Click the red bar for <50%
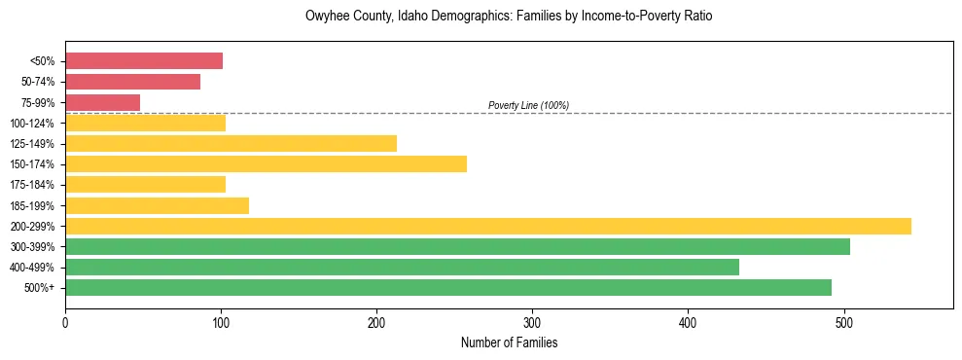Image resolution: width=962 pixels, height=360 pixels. pyautogui.click(x=144, y=61)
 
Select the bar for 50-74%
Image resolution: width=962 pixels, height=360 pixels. pyautogui.click(x=132, y=82)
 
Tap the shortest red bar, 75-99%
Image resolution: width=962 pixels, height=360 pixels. pyautogui.click(x=102, y=102)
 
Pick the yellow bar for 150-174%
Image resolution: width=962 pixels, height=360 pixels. pyautogui.click(x=266, y=163)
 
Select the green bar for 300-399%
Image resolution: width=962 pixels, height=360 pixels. pyautogui.click(x=457, y=246)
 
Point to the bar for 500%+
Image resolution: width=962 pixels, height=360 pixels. pyautogui.click(x=447, y=287)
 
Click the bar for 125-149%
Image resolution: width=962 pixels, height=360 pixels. pyautogui.click(x=231, y=143)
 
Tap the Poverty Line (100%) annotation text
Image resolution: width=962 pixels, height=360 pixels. pyautogui.click(x=528, y=105)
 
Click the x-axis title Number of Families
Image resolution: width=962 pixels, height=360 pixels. pyautogui.click(x=509, y=342)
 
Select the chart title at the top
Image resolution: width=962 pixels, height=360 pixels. pyautogui.click(x=509, y=17)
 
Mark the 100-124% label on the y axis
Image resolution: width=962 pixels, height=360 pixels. pyautogui.click(x=32, y=123)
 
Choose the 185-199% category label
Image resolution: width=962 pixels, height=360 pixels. pyautogui.click(x=32, y=205)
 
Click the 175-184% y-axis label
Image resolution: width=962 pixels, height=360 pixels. pyautogui.click(x=32, y=185)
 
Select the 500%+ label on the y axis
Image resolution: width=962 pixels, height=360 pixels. pyautogui.click(x=39, y=288)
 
